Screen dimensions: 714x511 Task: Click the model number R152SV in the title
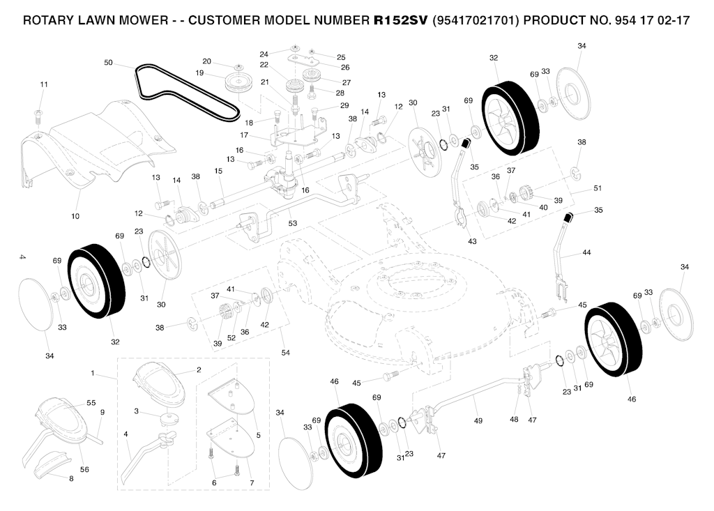click(x=400, y=20)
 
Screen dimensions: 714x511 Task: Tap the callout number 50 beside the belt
click(x=108, y=63)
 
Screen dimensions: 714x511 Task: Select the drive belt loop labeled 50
click(x=187, y=93)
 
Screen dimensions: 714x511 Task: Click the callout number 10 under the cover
click(x=75, y=216)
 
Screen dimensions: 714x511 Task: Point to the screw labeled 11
click(x=38, y=116)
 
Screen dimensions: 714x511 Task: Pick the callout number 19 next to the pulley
click(x=199, y=73)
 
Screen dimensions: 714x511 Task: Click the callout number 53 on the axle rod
click(x=293, y=223)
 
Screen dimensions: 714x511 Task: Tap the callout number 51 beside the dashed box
click(x=598, y=188)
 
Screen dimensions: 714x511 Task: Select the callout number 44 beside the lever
click(x=586, y=252)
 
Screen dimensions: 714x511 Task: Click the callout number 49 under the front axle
click(x=478, y=421)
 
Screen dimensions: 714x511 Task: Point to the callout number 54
click(x=285, y=353)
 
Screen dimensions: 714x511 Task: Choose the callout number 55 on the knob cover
click(x=91, y=403)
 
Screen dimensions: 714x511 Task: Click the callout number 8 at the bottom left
click(x=71, y=479)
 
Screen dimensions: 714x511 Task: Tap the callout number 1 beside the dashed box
click(x=93, y=374)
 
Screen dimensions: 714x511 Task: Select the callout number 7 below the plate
click(x=252, y=482)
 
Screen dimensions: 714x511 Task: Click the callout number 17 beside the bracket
click(x=244, y=135)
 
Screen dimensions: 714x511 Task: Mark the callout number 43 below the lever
click(x=472, y=241)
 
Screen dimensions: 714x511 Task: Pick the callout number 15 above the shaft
click(x=218, y=171)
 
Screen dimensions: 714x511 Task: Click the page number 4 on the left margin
click(x=22, y=257)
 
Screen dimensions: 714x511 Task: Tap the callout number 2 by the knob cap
click(x=199, y=369)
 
